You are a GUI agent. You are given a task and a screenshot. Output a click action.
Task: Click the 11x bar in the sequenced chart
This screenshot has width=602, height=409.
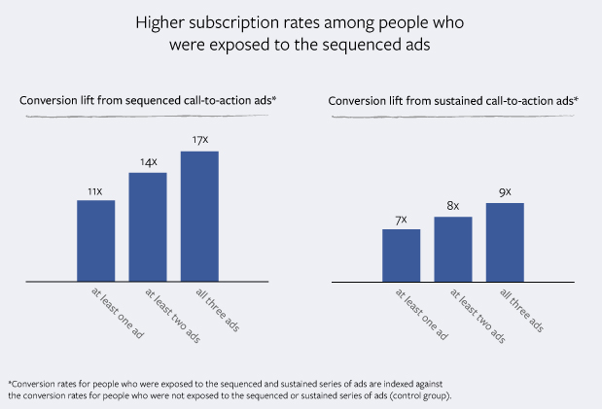[x=95, y=241]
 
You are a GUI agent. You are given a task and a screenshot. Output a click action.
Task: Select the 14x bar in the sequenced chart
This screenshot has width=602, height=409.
[x=148, y=226]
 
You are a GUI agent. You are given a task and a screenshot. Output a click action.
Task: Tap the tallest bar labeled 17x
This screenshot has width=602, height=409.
[x=199, y=216]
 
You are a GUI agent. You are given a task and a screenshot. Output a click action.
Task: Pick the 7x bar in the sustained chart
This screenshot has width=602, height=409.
[x=402, y=256]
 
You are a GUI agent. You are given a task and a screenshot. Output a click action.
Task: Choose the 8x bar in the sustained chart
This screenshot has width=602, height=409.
[x=453, y=250]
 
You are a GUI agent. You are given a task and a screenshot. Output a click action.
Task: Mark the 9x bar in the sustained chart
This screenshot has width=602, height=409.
[x=505, y=243]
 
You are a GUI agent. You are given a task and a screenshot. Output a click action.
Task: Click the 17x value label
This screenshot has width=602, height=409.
[x=200, y=140]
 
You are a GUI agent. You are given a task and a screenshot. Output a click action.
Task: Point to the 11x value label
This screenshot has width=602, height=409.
[x=95, y=191]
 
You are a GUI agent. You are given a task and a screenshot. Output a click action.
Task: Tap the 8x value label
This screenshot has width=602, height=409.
[x=453, y=206]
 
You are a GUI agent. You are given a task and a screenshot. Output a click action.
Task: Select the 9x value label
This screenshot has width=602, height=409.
[x=505, y=192]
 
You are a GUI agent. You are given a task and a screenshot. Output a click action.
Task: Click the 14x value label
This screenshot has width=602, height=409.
[x=148, y=162]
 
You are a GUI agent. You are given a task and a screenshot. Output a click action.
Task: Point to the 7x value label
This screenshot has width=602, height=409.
[x=401, y=221]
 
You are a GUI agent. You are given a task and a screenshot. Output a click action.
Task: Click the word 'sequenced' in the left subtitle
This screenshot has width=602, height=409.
[x=148, y=100]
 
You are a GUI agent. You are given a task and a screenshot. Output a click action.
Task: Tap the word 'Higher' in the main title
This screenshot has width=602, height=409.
[x=159, y=23]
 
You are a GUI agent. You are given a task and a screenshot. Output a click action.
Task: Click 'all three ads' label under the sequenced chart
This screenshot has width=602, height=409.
[x=218, y=310]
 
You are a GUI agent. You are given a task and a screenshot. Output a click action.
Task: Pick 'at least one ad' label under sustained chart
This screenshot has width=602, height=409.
[x=421, y=314]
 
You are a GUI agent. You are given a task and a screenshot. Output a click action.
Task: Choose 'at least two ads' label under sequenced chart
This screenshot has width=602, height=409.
[x=173, y=316]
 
